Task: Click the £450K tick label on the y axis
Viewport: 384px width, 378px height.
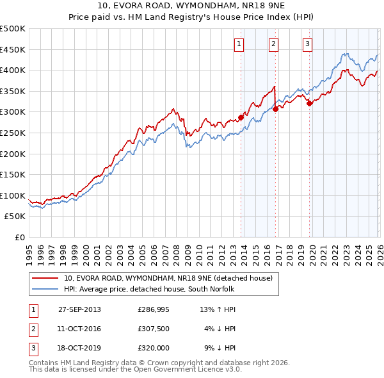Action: [x=13, y=49]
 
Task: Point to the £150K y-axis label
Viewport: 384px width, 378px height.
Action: [x=13, y=174]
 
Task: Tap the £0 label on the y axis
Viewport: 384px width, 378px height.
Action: [x=19, y=237]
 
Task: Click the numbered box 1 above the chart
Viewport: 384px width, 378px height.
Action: [x=239, y=44]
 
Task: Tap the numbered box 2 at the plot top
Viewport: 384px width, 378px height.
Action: [x=273, y=44]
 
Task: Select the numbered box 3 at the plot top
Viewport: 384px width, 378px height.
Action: [x=307, y=44]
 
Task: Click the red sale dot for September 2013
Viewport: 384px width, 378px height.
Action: [x=241, y=117]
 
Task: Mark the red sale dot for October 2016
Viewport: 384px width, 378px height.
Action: [x=275, y=109]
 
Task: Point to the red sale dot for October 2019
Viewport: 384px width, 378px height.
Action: [x=309, y=103]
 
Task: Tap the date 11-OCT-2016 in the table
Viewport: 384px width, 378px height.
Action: [x=79, y=329]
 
